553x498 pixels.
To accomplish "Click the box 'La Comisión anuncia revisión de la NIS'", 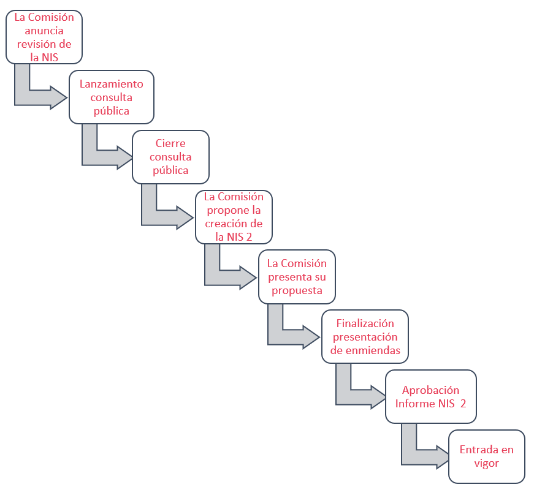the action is pyautogui.click(x=44, y=37).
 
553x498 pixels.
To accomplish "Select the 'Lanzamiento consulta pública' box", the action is pyautogui.click(x=112, y=97).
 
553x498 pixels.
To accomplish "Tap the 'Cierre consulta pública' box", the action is pyautogui.click(x=170, y=157).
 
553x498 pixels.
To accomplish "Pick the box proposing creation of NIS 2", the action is pyautogui.click(x=234, y=217).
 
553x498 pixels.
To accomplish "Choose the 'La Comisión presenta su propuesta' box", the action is pyautogui.click(x=297, y=277).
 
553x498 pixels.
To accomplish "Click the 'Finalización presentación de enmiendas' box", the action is pyautogui.click(x=365, y=336).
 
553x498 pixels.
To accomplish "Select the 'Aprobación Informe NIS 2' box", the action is pyautogui.click(x=431, y=396).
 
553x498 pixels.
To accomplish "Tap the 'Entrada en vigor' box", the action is pyautogui.click(x=487, y=456).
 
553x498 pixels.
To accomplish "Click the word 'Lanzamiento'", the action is pyautogui.click(x=112, y=84).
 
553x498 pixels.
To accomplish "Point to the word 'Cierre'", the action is pyautogui.click(x=170, y=143).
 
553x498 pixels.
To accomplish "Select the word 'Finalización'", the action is pyautogui.click(x=365, y=323).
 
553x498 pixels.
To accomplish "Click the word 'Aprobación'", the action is pyautogui.click(x=430, y=390).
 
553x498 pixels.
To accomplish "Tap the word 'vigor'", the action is pyautogui.click(x=487, y=463).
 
